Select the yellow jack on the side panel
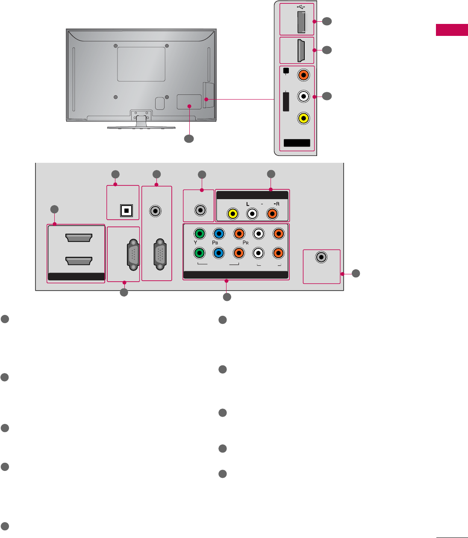pyautogui.click(x=303, y=118)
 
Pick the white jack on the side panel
pyautogui.click(x=303, y=97)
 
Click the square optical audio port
pyautogui.click(x=127, y=211)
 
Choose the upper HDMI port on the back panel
pyautogui.click(x=78, y=238)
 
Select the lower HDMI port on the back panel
pyautogui.click(x=78, y=261)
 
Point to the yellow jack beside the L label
pyautogui.click(x=233, y=213)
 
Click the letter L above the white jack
pyautogui.click(x=247, y=204)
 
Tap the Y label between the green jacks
pyautogui.click(x=195, y=243)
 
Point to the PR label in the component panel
pyautogui.click(x=245, y=243)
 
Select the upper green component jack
pyautogui.click(x=199, y=233)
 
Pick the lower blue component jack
pyautogui.click(x=219, y=253)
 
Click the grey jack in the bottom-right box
pyautogui.click(x=321, y=257)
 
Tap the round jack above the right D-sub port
pyautogui.click(x=156, y=211)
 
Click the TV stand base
pyautogui.click(x=141, y=127)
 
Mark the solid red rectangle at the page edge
pyautogui.click(x=452, y=30)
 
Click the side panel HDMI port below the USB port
pyautogui.click(x=301, y=50)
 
